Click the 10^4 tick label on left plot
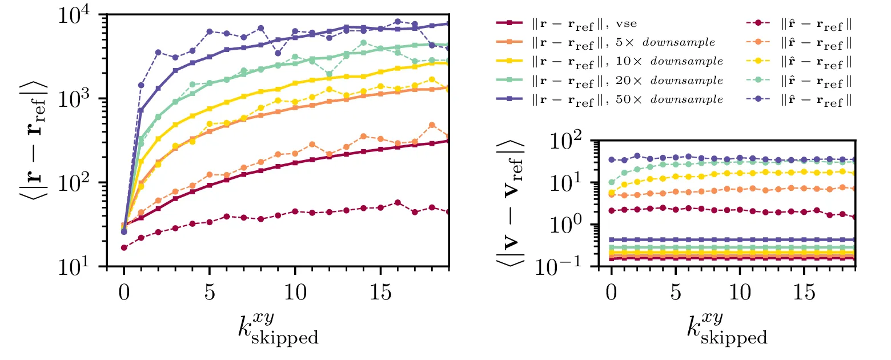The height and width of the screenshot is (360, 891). point(81,15)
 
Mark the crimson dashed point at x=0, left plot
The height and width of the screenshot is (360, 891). point(124,247)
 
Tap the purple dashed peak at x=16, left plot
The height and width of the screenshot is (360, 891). point(398,22)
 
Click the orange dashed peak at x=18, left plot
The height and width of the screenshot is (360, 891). point(432,125)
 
